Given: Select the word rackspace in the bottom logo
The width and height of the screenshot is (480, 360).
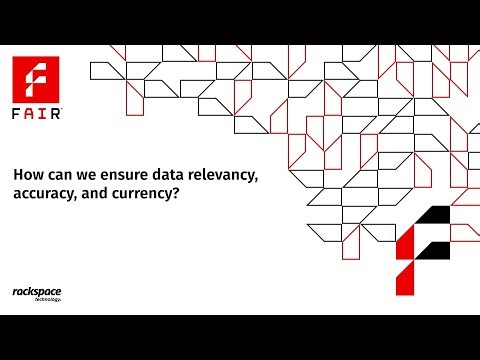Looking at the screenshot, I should pyautogui.click(x=38, y=291).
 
